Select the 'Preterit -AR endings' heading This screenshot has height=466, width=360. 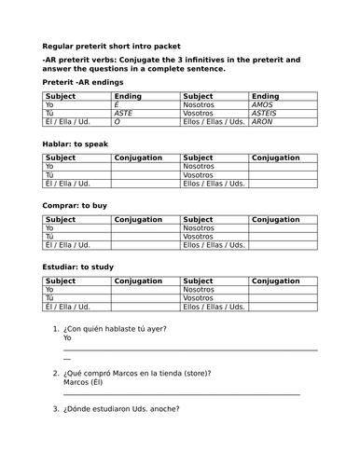82,82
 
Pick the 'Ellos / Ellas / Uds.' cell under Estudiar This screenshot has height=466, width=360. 214,306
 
